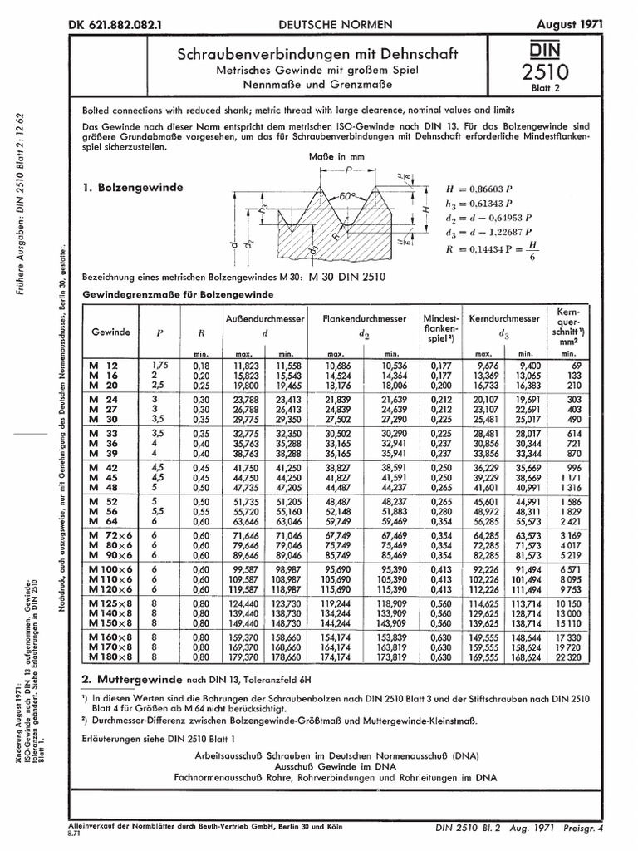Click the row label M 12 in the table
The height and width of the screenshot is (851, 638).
[104, 365]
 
